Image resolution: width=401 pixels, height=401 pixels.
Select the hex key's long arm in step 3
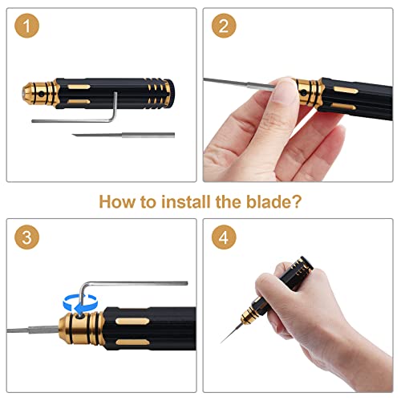[136, 283]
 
